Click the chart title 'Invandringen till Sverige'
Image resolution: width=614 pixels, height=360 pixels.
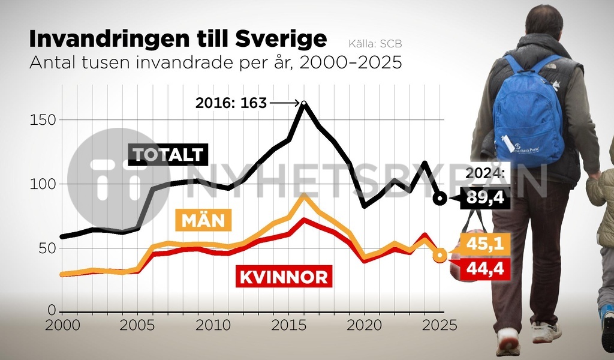[x=178, y=40]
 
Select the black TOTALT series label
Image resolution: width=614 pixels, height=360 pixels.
[x=168, y=155]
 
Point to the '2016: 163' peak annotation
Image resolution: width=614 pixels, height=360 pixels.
[x=231, y=103]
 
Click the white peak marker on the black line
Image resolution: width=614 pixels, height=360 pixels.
[x=304, y=104]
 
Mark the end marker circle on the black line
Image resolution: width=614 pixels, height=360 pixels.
[x=440, y=199]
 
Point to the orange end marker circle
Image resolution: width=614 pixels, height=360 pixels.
[x=440, y=256]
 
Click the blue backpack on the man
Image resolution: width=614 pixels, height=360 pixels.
[x=528, y=112]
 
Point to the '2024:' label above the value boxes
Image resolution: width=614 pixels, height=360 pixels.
[x=485, y=175]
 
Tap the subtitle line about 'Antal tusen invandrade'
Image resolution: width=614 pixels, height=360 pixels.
[x=215, y=63]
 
